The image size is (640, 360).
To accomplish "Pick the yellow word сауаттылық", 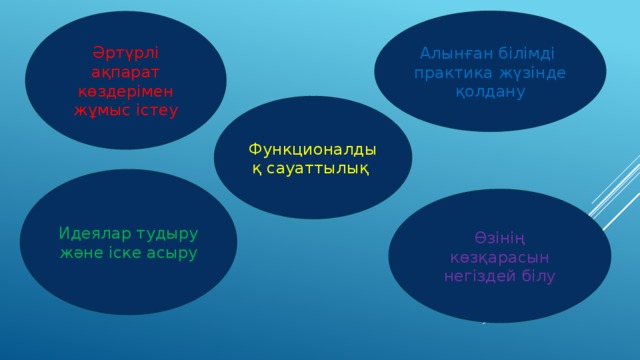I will point(320,168).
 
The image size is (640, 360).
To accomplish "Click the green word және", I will point(83,252).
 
